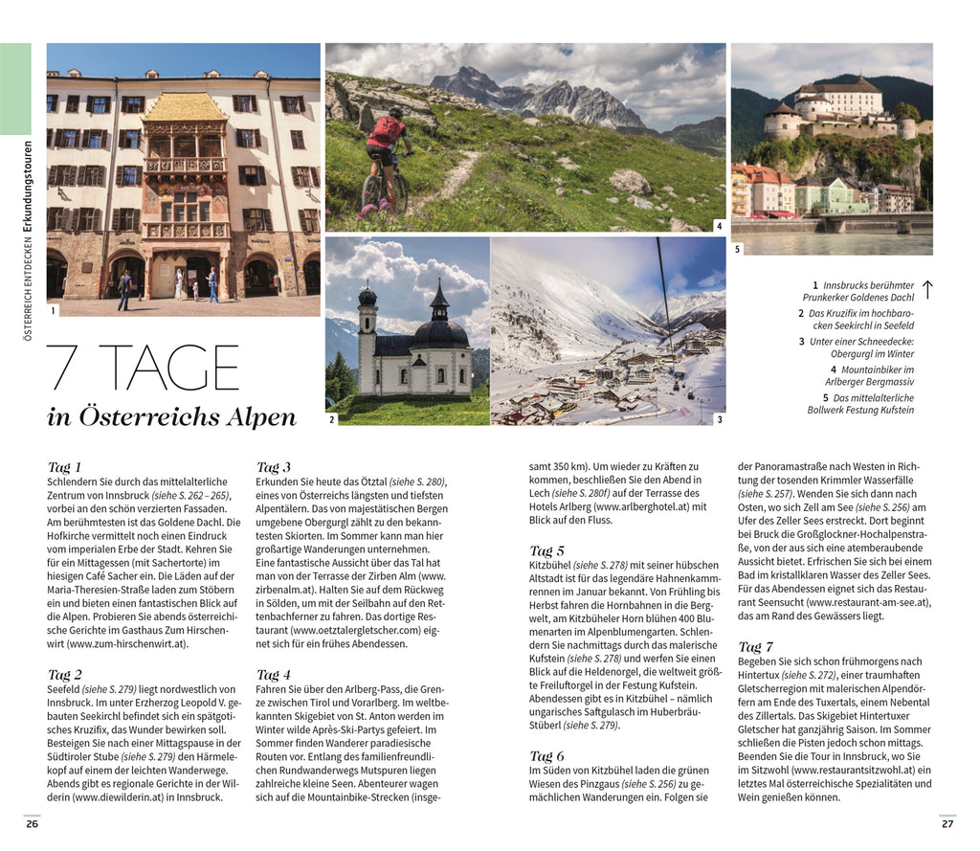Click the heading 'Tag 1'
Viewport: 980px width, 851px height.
point(65,467)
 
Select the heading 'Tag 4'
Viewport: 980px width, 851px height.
point(274,675)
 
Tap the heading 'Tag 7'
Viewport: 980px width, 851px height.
point(755,647)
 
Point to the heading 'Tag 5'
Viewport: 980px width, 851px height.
point(546,550)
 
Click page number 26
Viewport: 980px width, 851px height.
point(33,823)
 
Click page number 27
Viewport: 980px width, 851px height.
point(947,823)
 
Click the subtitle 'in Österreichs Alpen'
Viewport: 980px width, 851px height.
point(171,417)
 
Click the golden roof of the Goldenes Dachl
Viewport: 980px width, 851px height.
point(185,108)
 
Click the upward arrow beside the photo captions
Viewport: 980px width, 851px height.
point(926,290)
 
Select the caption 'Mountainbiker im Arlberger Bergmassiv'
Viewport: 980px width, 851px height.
point(870,375)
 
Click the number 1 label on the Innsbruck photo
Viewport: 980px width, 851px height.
point(53,309)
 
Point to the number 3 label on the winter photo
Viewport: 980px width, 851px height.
point(719,418)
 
